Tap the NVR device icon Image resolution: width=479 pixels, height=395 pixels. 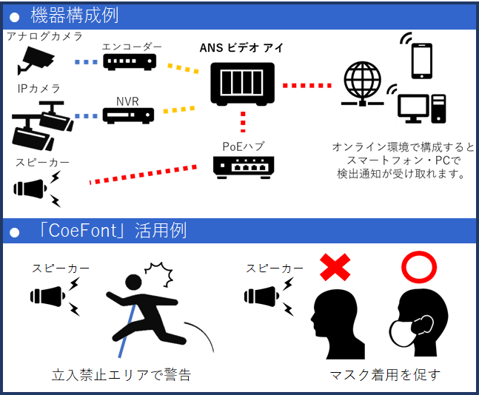coord(128,115)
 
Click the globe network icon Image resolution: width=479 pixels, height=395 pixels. coord(362,83)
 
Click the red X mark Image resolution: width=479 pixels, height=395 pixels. coord(335,268)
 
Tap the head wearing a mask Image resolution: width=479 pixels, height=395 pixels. coord(419,323)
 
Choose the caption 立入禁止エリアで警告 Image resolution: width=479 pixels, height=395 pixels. coord(121,374)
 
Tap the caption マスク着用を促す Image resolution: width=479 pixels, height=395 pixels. coord(384,374)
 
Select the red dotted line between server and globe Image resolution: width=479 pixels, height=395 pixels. coord(310,85)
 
